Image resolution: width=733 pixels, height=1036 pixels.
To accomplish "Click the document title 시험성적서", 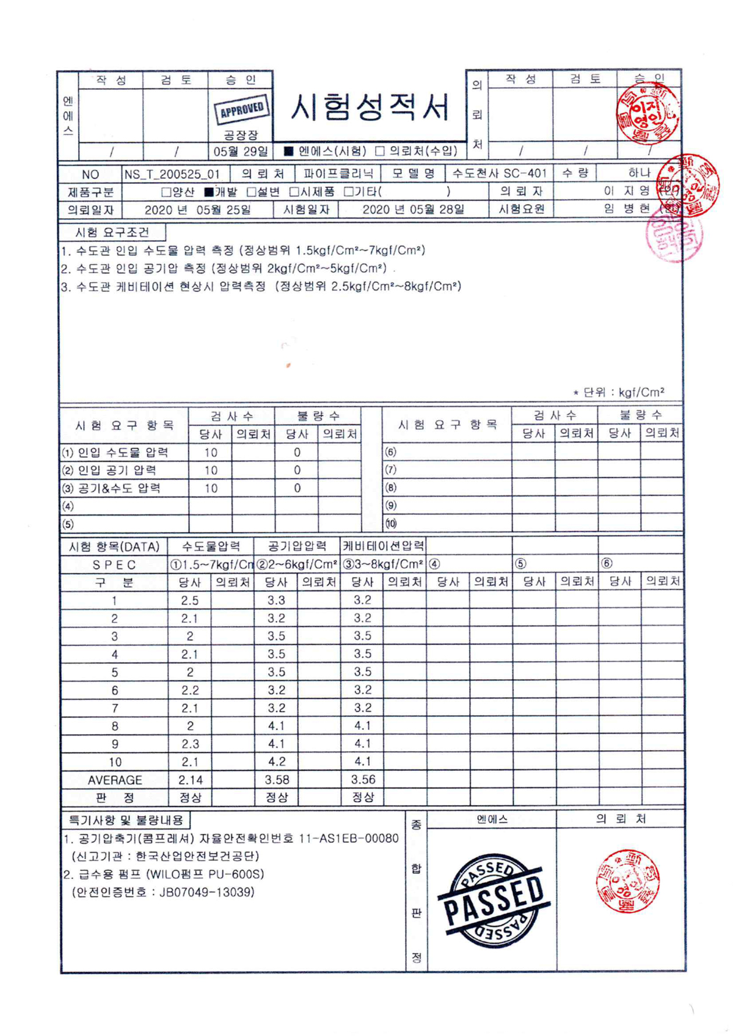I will (x=370, y=108).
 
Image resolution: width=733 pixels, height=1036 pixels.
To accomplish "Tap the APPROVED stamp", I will (x=241, y=111).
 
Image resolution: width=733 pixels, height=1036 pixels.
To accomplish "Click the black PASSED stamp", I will (x=494, y=900).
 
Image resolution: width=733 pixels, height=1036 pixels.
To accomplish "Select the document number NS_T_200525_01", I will (x=172, y=174).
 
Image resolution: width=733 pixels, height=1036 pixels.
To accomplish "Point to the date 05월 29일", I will (x=240, y=151).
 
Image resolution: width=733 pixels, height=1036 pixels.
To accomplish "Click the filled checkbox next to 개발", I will (x=209, y=192).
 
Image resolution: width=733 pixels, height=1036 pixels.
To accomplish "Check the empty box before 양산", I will (x=166, y=192).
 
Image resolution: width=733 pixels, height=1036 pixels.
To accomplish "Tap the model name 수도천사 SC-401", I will (x=499, y=173).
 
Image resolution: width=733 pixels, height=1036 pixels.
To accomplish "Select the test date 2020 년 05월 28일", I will (x=413, y=210).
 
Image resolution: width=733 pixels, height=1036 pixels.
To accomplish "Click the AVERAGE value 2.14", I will (x=190, y=780).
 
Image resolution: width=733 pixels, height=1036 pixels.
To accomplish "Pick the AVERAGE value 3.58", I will (x=277, y=780).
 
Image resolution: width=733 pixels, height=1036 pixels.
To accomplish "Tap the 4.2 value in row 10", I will (x=277, y=762).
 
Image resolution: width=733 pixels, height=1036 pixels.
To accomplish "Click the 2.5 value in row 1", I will (x=189, y=600).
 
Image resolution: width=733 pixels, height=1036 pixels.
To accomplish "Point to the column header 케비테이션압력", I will (x=383, y=546).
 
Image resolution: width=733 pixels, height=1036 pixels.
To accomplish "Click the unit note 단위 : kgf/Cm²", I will (x=623, y=392).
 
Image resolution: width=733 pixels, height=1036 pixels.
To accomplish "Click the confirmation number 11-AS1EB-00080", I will (x=348, y=839).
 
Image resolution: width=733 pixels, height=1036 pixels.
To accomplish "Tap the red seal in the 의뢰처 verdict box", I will (x=627, y=880).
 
